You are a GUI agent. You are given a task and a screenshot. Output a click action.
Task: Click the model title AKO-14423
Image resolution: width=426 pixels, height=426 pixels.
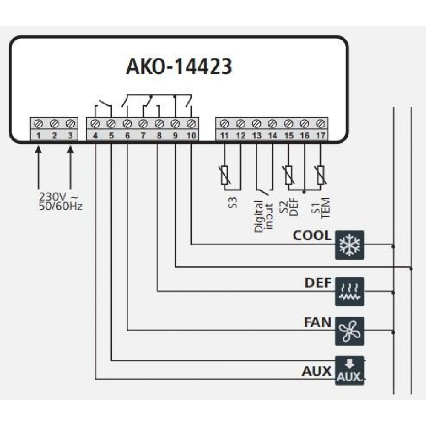tap(179, 67)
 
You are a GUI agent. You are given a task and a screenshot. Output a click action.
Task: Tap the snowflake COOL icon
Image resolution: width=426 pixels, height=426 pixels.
tap(350, 245)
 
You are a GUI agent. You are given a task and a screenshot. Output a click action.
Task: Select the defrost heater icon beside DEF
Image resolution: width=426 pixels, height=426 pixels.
tap(350, 291)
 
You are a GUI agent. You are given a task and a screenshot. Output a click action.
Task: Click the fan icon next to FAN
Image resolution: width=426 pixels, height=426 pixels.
tap(350, 331)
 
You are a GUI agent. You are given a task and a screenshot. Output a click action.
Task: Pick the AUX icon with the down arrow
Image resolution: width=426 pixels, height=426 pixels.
tap(350, 371)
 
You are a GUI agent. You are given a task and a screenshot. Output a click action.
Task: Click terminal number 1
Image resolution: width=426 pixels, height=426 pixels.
tap(38, 136)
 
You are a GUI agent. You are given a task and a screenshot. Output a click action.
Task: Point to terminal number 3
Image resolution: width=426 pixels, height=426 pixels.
tap(70, 136)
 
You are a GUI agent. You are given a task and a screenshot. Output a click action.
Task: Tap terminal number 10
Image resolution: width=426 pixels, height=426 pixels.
tap(191, 136)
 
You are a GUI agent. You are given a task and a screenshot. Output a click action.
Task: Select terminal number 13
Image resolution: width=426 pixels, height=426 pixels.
tap(256, 136)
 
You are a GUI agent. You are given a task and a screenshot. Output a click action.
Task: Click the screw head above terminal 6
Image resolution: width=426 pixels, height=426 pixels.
tap(127, 124)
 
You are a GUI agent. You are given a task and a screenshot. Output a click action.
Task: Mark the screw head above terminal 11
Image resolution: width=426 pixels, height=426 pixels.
tap(224, 124)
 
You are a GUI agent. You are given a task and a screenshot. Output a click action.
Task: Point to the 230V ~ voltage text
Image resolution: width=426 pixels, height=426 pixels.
tap(59, 198)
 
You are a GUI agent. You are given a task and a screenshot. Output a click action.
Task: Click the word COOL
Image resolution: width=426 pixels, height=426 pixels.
tap(312, 236)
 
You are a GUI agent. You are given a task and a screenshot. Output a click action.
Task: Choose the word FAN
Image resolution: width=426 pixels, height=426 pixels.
tap(317, 322)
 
